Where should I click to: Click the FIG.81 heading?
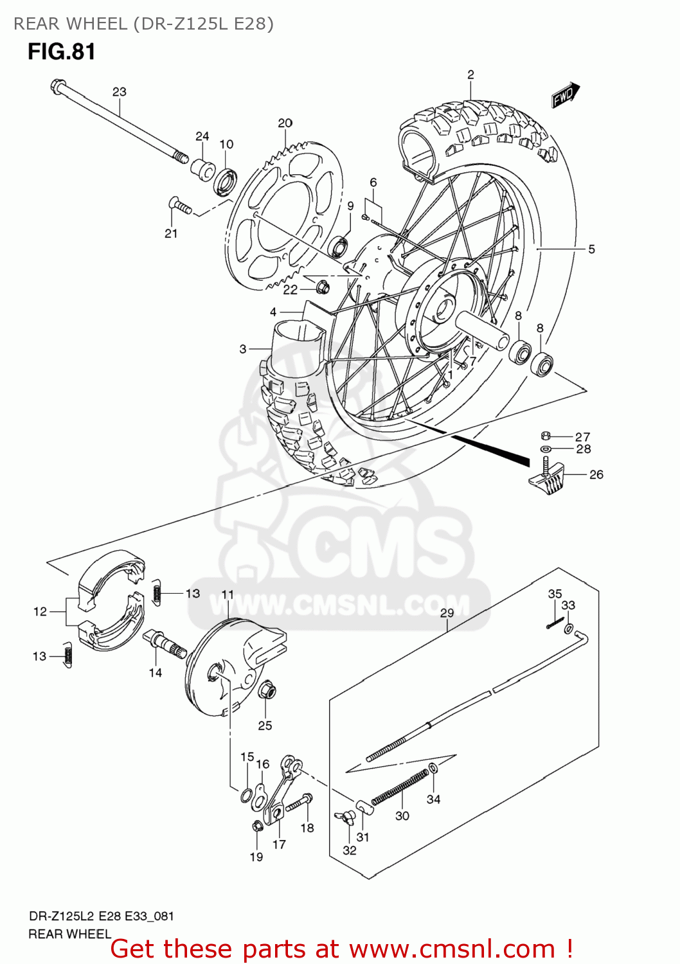tap(62, 51)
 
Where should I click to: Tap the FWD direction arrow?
tap(566, 95)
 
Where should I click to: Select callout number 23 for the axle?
tap(120, 92)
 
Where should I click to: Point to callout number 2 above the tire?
tap(470, 75)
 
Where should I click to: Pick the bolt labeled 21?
tap(179, 206)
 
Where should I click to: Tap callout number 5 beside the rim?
tap(591, 249)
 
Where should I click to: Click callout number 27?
tap(582, 436)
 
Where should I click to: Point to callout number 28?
tap(583, 449)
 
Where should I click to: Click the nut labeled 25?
tap(267, 691)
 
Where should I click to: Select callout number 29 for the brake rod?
tap(447, 612)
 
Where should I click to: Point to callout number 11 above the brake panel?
tap(228, 595)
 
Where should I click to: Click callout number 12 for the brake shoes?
tap(40, 611)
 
